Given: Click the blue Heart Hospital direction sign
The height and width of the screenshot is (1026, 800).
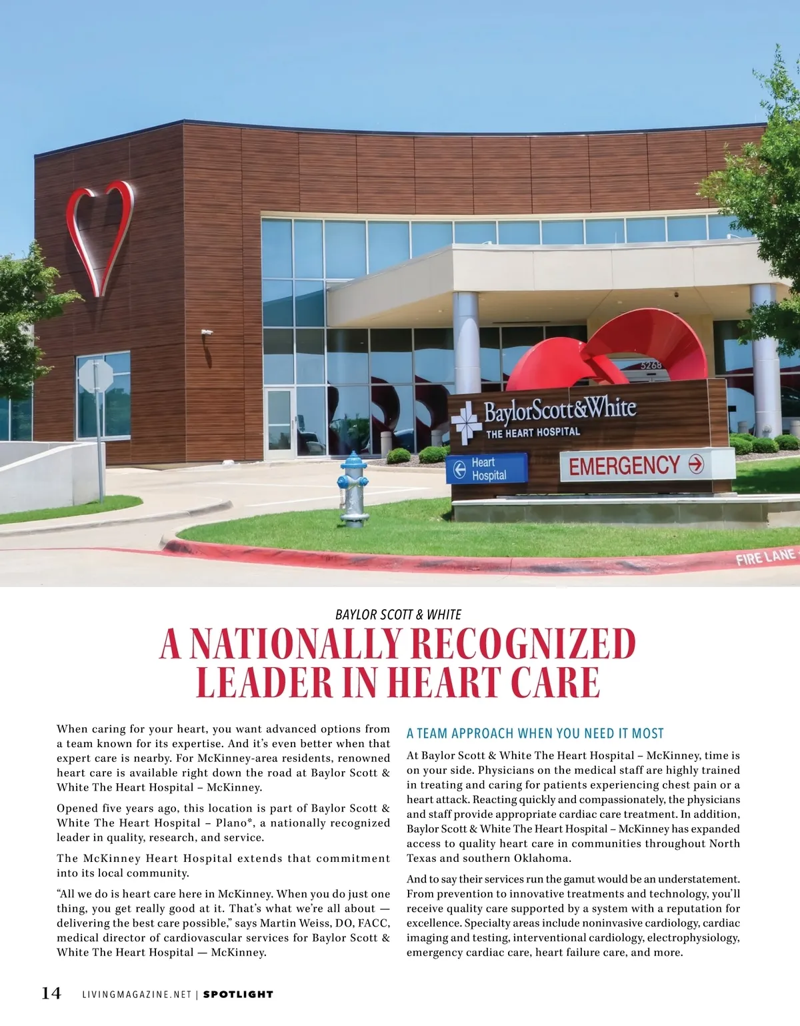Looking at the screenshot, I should click(x=487, y=468).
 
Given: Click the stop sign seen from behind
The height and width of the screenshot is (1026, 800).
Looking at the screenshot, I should click(x=96, y=377).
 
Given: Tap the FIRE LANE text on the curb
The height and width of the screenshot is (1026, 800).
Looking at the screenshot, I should click(x=765, y=556).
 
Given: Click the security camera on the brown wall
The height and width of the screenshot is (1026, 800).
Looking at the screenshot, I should click(x=207, y=332).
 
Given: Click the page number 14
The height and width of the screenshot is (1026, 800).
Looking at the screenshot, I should click(x=51, y=993).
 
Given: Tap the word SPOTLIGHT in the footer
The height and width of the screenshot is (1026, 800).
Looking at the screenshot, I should click(x=238, y=994).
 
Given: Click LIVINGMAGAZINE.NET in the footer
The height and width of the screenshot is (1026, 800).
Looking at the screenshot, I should click(x=137, y=994).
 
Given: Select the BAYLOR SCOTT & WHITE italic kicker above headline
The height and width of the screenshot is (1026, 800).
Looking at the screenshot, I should click(x=398, y=614).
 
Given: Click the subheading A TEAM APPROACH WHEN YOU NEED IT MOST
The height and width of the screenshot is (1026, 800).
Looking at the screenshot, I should click(x=535, y=733).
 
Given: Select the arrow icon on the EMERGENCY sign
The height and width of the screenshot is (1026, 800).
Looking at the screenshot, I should click(x=695, y=464).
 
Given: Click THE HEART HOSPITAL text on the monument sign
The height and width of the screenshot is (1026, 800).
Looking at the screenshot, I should click(x=533, y=433).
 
